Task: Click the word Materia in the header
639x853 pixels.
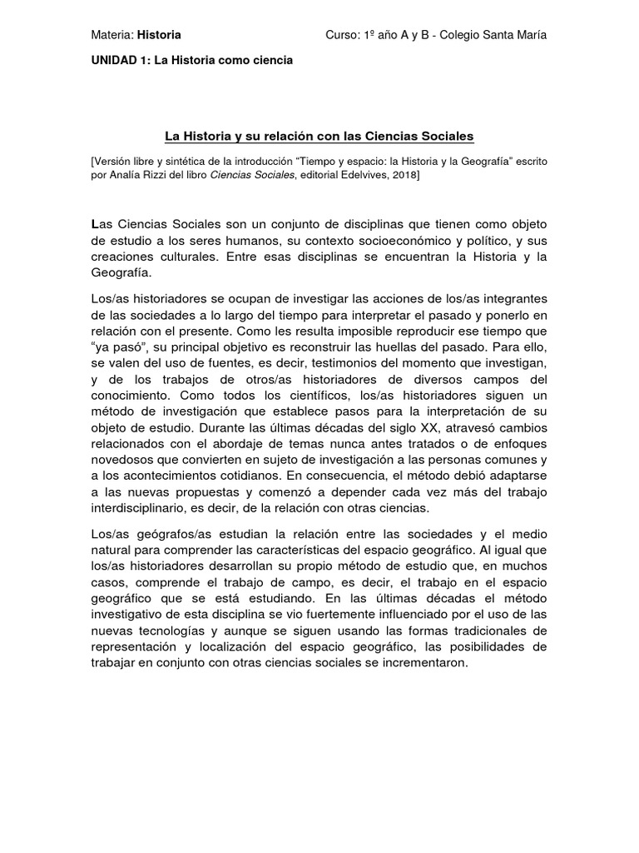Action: point(111,35)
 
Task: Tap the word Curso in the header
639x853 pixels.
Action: point(341,35)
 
